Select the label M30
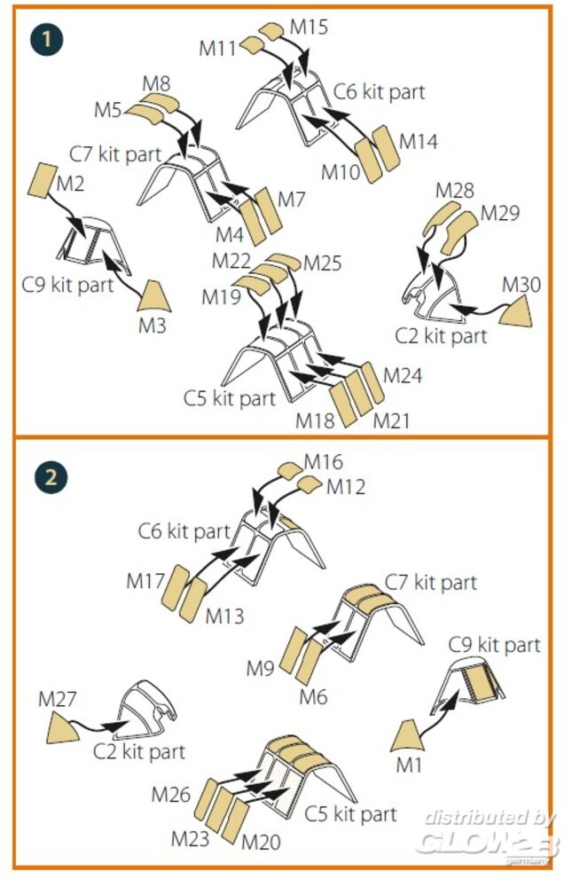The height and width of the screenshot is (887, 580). [x=521, y=286]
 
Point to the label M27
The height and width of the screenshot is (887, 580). [x=57, y=699]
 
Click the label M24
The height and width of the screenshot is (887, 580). [x=403, y=376]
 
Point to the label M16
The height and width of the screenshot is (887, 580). [x=324, y=462]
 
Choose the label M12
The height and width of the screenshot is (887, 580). [x=345, y=487]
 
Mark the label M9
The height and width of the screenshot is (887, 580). [x=261, y=669]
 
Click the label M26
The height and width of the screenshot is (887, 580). [x=171, y=794]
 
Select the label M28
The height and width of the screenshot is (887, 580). [x=454, y=191]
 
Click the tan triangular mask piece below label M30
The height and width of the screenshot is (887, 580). [x=519, y=311]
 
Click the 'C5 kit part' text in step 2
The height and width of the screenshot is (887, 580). [x=351, y=812]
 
